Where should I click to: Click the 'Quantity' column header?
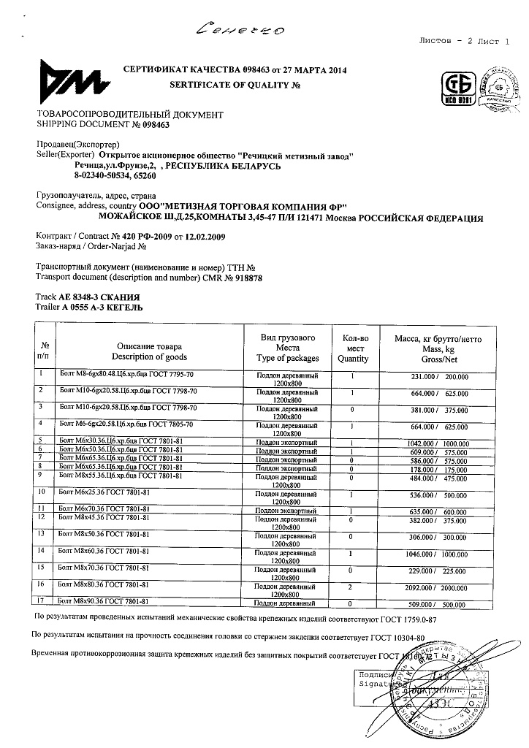[354, 359]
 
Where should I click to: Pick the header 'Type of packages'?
[288, 359]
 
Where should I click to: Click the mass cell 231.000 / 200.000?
[438, 377]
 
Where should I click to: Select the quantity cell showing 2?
[351, 587]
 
